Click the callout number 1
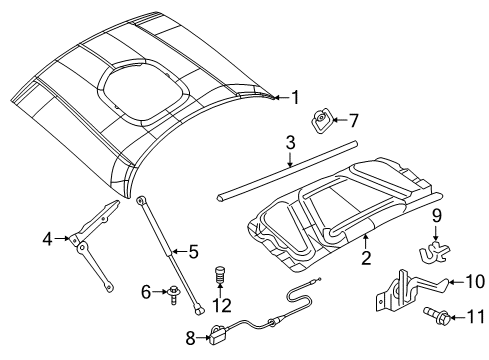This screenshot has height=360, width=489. [x=295, y=97]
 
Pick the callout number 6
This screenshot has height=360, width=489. [x=146, y=292]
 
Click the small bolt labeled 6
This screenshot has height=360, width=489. [x=173, y=292]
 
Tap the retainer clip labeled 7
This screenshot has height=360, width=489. [x=323, y=121]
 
